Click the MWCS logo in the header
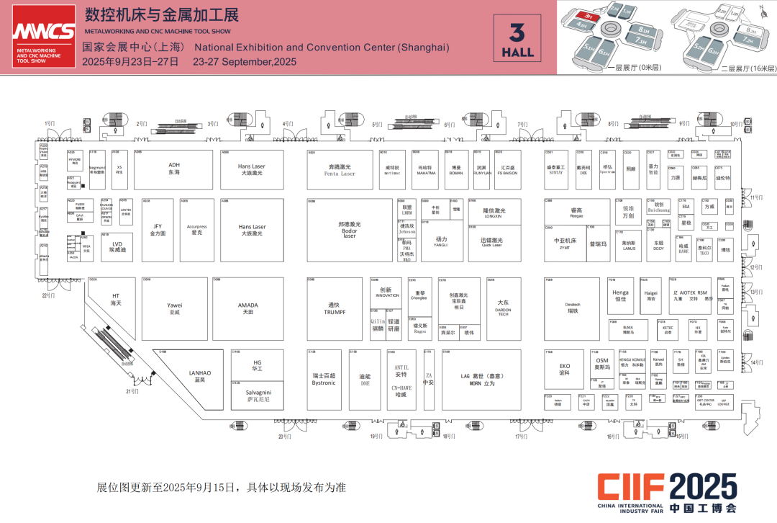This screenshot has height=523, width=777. (x=43, y=36)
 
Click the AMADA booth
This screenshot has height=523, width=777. (x=247, y=308)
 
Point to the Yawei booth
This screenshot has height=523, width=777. (x=174, y=308)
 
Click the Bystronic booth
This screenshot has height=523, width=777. (x=324, y=380)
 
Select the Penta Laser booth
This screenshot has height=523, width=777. (x=340, y=170)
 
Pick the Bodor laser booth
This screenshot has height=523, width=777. (x=349, y=230)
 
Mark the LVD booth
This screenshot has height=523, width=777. (x=117, y=246)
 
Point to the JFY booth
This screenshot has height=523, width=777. (x=158, y=230)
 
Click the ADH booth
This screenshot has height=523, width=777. (x=174, y=169)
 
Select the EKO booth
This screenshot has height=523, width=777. (x=565, y=369)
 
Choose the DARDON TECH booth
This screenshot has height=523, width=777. (x=503, y=308)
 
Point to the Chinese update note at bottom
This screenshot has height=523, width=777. (x=222, y=488)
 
